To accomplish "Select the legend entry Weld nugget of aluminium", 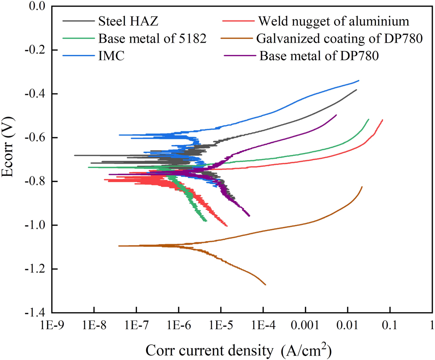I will coord(333,20).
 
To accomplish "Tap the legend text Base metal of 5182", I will coord(152,38).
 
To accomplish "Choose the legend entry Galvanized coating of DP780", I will coord(340,38).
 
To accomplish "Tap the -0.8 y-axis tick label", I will coord(35,182).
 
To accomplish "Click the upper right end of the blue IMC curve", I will coord(359,81).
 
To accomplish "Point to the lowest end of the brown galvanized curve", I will coord(265,285).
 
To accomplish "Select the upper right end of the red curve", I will coord(382,120).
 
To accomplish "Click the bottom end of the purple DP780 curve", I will coord(249,215).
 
